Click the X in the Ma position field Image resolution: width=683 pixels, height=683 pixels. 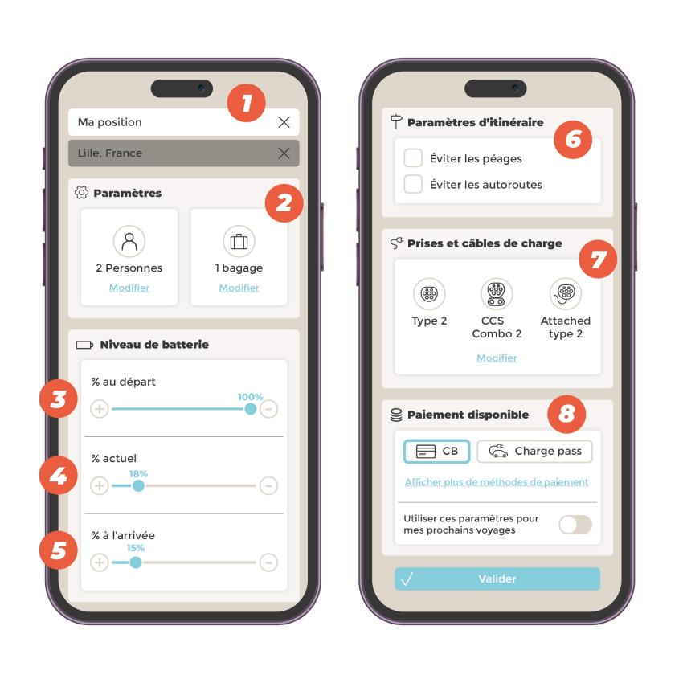(284, 122)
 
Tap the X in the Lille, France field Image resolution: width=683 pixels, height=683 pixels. (284, 153)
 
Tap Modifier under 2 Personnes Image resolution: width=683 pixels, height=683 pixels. (129, 288)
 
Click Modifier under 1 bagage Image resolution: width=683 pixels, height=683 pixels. (239, 288)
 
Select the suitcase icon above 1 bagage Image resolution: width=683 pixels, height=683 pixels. (239, 241)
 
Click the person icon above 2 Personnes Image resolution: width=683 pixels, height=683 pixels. (129, 241)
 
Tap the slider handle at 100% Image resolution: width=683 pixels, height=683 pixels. (251, 409)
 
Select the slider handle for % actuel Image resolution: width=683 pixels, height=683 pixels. (138, 485)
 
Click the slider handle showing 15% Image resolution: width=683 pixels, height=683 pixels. (136, 562)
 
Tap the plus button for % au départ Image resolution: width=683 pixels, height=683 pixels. (100, 409)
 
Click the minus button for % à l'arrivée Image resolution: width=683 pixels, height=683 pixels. (268, 562)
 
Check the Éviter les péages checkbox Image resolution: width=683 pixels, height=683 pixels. (413, 157)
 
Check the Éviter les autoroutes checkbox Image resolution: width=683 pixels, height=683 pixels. (413, 184)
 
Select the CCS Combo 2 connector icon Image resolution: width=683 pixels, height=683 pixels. (497, 293)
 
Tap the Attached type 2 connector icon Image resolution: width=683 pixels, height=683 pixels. (566, 293)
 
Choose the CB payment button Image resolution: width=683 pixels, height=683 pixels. (437, 452)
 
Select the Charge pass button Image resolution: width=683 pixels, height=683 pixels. (535, 452)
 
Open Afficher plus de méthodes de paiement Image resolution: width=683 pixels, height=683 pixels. (497, 482)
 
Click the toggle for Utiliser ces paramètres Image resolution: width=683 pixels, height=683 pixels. (575, 525)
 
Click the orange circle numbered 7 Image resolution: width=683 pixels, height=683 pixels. (598, 260)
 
